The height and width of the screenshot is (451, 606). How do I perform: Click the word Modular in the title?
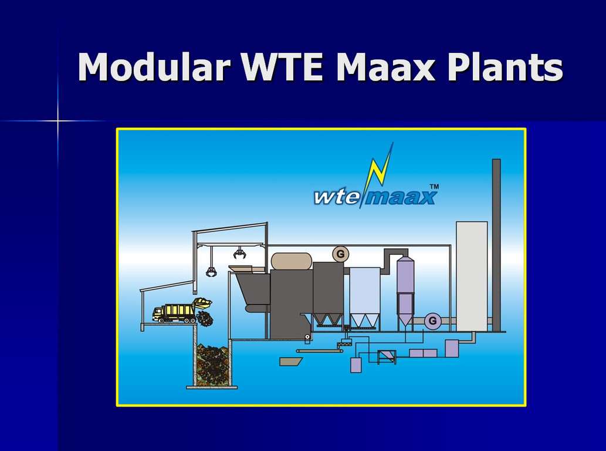(x=154, y=66)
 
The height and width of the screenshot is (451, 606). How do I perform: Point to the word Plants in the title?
(x=505, y=66)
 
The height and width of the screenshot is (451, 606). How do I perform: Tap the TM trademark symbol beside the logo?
(x=434, y=186)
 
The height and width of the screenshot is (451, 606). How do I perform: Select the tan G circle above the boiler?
(x=340, y=254)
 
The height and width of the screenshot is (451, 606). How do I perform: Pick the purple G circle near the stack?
(x=432, y=321)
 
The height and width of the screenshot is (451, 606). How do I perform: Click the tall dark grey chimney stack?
(x=496, y=245)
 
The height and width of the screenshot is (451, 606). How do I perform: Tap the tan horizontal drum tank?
(x=292, y=261)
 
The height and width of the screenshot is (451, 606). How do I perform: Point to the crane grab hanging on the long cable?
(x=211, y=272)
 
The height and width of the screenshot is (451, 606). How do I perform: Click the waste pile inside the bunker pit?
(x=212, y=365)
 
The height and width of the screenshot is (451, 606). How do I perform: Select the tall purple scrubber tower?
(x=405, y=292)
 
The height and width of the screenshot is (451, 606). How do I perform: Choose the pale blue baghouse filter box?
(x=365, y=297)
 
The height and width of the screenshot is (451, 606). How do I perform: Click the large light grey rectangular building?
(x=472, y=276)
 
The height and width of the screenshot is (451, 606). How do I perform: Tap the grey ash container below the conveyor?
(x=290, y=361)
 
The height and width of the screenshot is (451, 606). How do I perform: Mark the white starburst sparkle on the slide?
(x=58, y=121)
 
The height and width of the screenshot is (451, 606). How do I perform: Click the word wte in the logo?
(x=337, y=197)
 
